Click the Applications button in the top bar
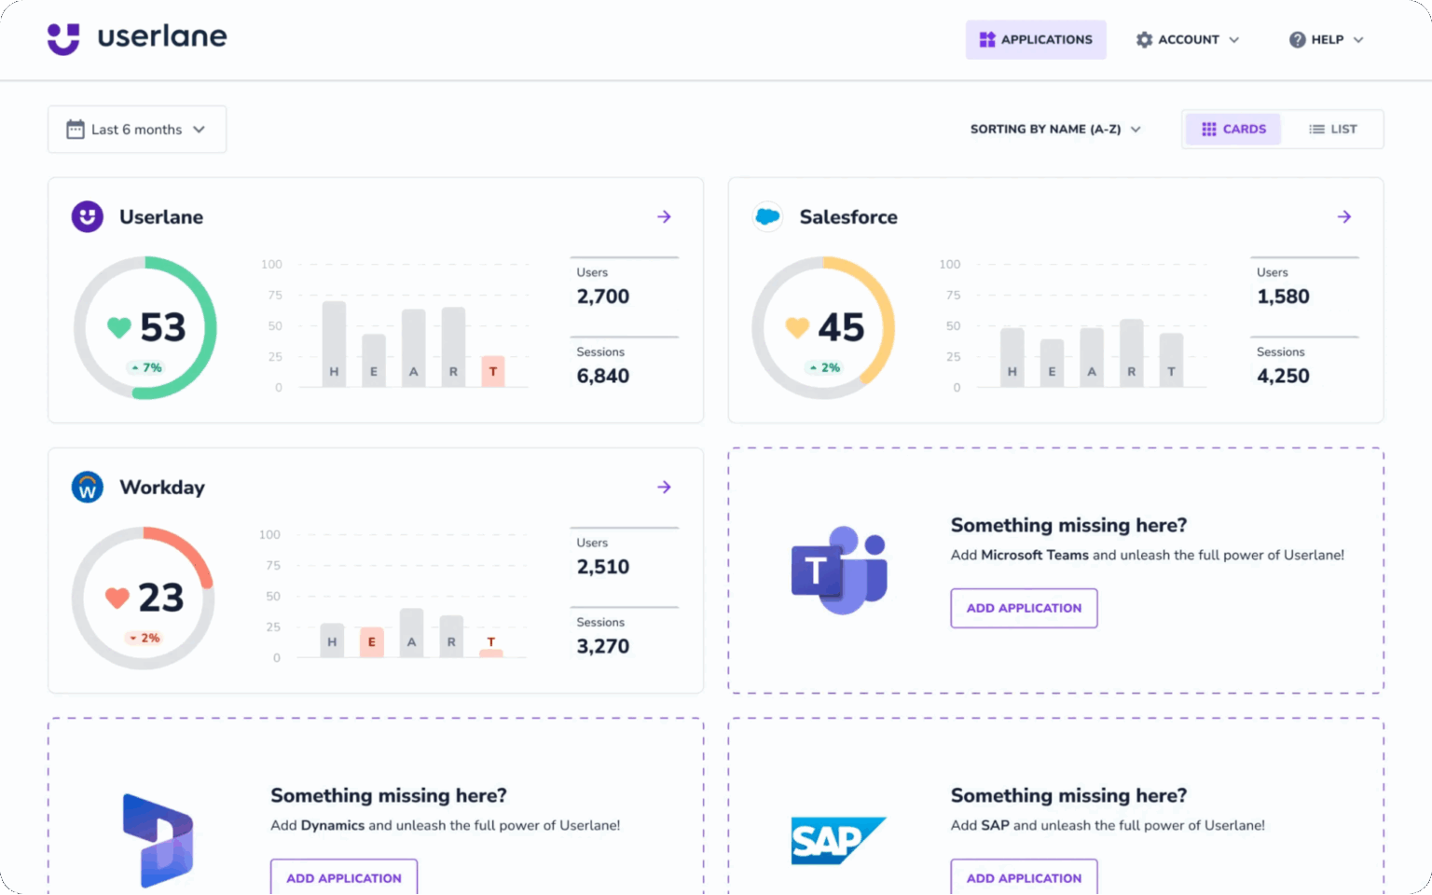point(1035,39)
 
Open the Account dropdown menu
point(1187,39)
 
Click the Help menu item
point(1326,39)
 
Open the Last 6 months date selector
point(136,130)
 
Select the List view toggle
point(1332,129)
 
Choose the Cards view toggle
point(1232,129)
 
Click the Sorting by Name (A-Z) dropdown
point(1054,129)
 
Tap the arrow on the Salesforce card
point(1343,216)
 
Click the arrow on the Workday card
point(664,487)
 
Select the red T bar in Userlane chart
point(493,371)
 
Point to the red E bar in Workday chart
point(372,641)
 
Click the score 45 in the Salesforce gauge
point(841,327)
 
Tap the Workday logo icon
point(88,487)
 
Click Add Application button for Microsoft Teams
point(1024,608)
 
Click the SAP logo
point(837,840)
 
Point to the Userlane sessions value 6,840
point(602,376)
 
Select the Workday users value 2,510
point(602,567)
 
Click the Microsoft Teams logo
point(839,570)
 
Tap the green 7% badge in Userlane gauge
point(146,367)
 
